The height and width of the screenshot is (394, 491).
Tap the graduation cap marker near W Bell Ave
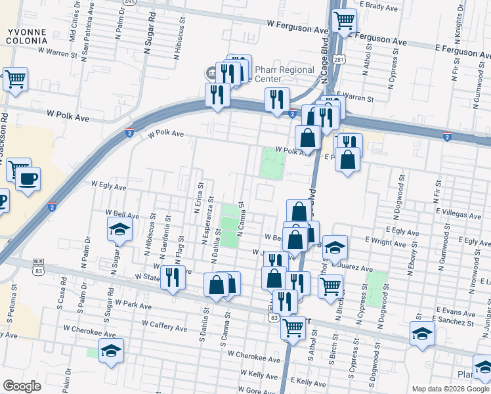[x=119, y=229]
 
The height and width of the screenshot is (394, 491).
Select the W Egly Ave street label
[x=108, y=186]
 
